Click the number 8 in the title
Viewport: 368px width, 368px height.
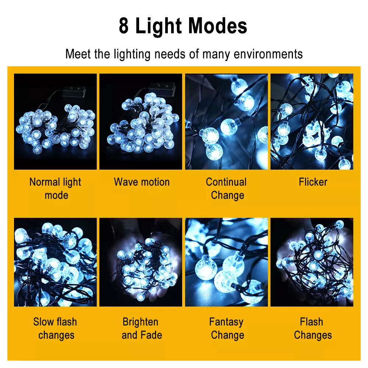coord(124,26)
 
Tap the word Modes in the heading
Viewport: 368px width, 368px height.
coord(218,26)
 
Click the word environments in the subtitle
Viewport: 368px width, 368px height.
coord(268,54)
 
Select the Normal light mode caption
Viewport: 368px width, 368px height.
coord(56,188)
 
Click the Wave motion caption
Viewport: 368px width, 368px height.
coord(142,182)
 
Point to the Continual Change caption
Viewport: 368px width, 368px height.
coord(226,188)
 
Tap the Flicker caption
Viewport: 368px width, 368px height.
coord(313,182)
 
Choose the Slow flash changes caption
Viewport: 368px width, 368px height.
coord(56,328)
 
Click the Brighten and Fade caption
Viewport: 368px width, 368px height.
coord(142,328)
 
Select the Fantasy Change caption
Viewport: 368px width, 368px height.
coord(226,328)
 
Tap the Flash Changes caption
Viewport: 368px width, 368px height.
coord(313,328)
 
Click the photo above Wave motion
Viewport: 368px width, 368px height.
coord(141,121)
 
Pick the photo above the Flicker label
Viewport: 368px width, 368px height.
coord(312,121)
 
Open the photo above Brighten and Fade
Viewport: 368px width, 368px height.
coord(141,262)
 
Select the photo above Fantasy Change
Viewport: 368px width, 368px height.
coord(226,262)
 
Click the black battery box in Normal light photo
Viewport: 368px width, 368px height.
coord(74,92)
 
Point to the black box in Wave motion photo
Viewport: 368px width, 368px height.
coord(163,88)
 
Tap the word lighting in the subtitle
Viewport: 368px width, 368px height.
coord(132,54)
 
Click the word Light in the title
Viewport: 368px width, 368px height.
coord(159,26)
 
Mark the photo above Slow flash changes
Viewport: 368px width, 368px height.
coord(56,262)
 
